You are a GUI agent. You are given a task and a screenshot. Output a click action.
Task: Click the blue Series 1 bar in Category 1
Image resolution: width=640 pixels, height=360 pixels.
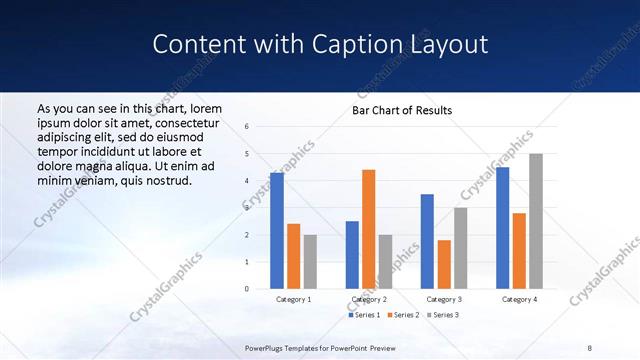tap(277, 231)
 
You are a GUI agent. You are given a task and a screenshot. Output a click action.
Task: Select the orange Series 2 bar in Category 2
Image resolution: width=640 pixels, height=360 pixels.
tap(368, 229)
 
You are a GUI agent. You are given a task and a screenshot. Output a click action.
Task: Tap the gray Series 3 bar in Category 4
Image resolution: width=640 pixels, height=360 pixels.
tap(536, 221)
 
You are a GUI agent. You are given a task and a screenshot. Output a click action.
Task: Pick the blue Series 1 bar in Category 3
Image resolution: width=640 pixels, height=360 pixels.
tap(427, 241)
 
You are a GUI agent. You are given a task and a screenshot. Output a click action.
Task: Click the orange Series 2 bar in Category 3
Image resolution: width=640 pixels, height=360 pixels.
tap(444, 264)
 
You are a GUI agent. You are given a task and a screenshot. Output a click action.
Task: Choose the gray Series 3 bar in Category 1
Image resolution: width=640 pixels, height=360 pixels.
tap(310, 261)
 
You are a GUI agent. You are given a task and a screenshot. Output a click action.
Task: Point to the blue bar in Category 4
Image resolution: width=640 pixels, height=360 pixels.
tap(502, 228)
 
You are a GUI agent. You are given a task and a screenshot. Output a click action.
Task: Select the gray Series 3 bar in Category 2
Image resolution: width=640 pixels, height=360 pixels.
tap(385, 261)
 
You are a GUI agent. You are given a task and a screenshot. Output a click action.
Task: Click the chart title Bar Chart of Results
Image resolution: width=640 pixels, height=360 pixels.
tap(402, 110)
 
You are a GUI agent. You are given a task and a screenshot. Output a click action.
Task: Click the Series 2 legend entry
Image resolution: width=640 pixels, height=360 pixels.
tap(402, 315)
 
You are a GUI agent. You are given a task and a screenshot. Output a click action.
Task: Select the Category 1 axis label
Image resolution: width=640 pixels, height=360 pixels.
tap(293, 299)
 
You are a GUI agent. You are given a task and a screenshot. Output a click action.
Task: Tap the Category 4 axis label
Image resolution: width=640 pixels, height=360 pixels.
tap(518, 299)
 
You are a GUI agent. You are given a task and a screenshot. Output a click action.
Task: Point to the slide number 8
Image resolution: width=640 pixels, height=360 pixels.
tap(590, 348)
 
